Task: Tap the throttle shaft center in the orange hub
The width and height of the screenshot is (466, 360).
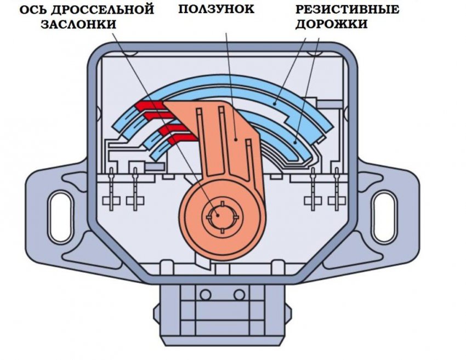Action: point(218,214)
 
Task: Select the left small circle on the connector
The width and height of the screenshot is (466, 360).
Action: point(206,295)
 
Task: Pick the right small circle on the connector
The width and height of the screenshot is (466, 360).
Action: point(239,295)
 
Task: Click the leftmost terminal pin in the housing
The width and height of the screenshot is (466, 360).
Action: point(112,189)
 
